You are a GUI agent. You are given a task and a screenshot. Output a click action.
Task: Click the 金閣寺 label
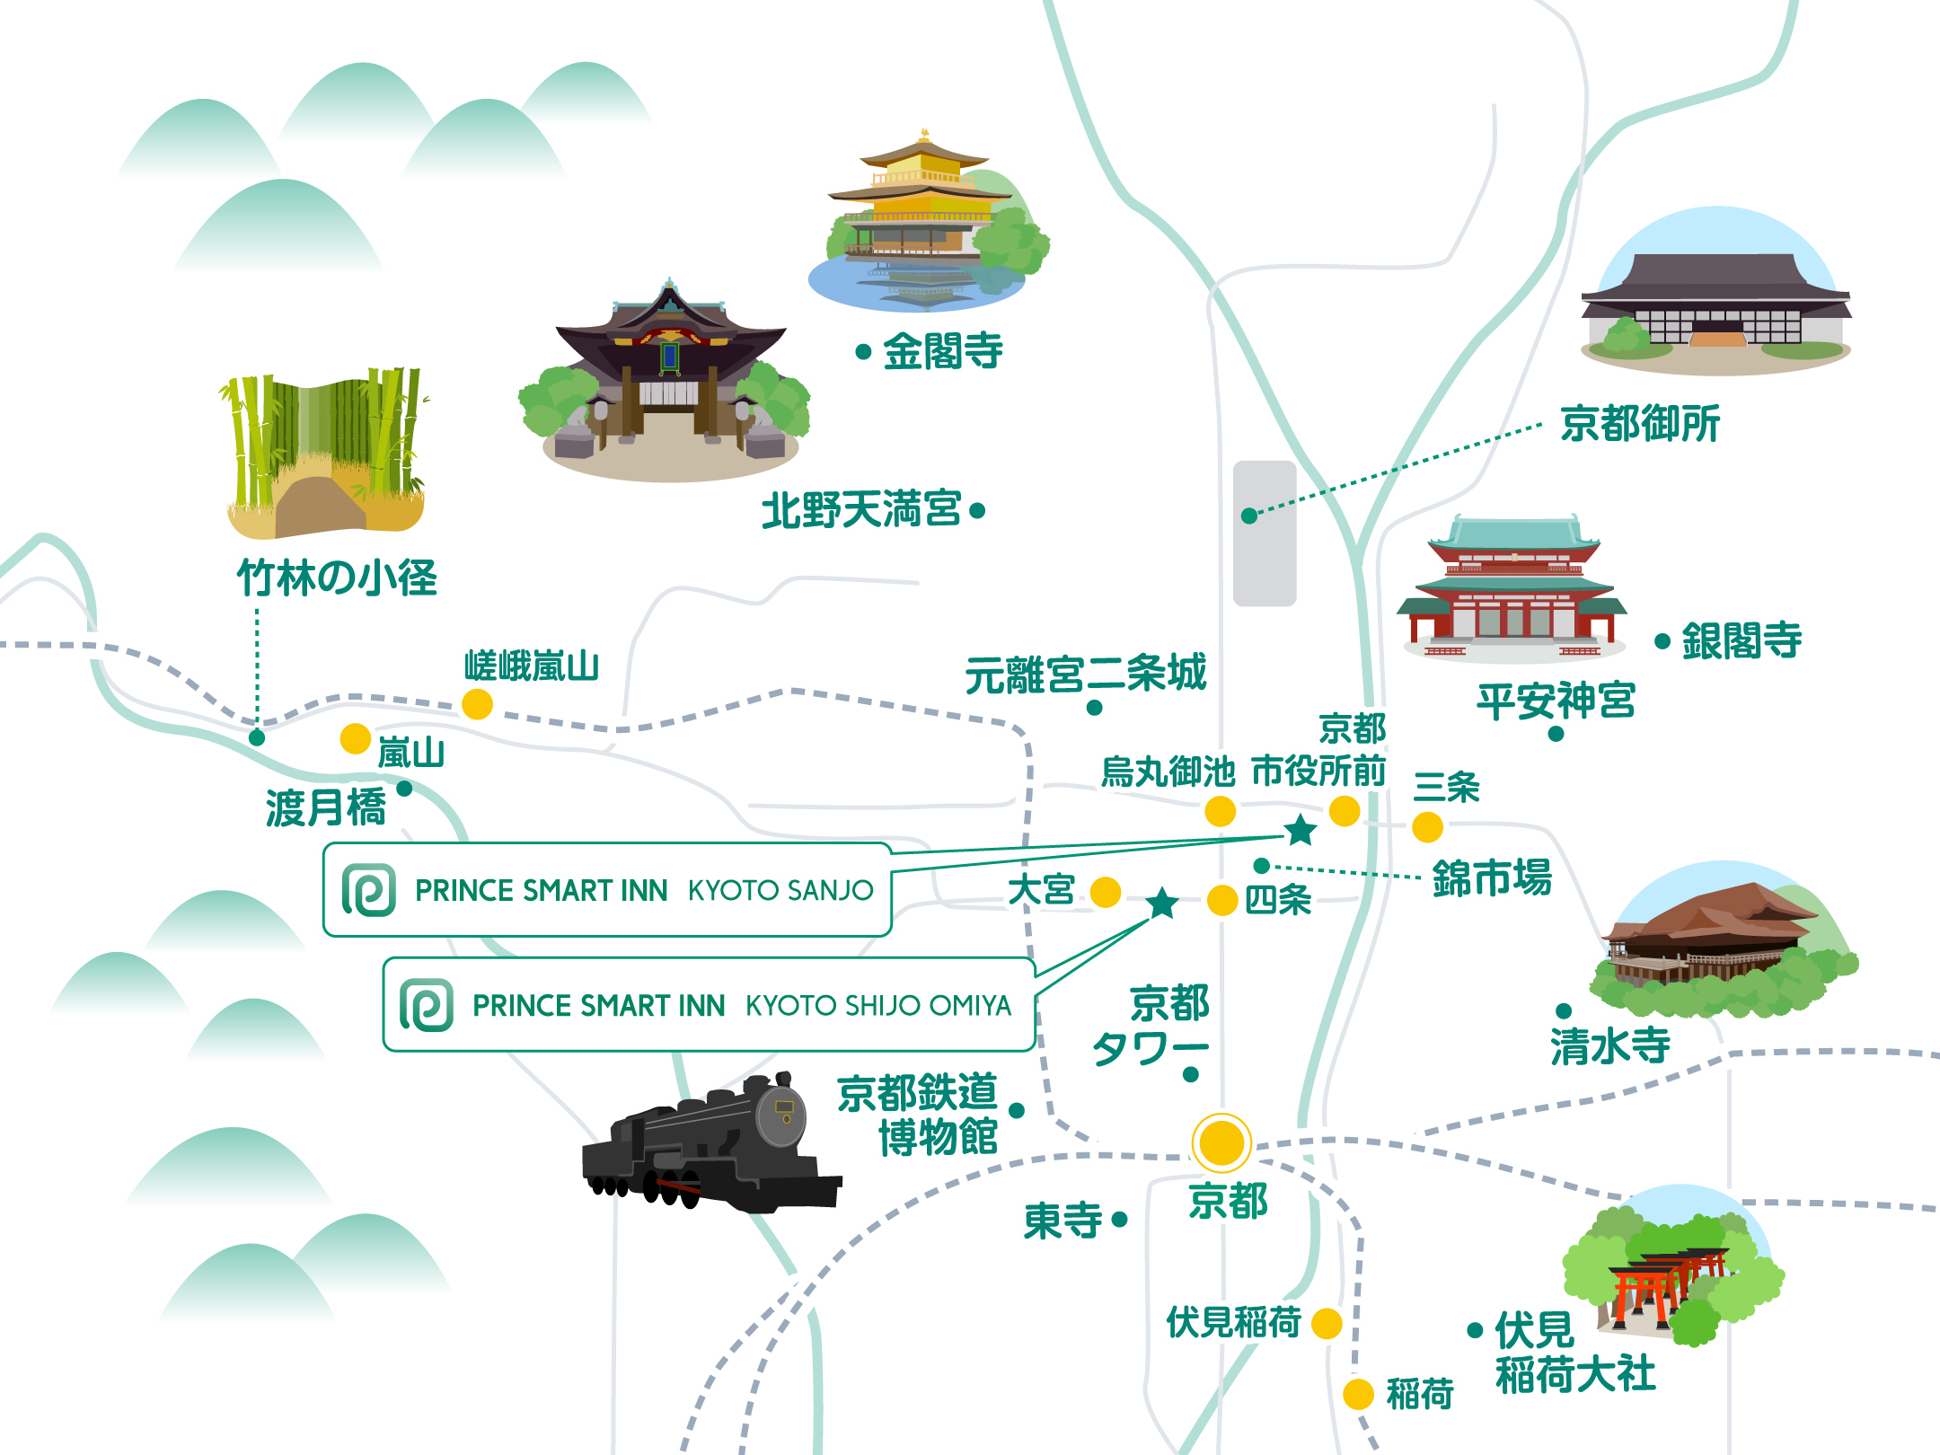pos(942,351)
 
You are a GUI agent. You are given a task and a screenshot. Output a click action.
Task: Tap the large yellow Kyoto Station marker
pos(1221,1143)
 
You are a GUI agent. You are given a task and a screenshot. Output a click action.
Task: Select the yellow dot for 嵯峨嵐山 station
pos(477,704)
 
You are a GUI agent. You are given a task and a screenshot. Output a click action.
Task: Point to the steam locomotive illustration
pos(710,1145)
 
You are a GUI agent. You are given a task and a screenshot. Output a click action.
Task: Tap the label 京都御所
pos(1640,424)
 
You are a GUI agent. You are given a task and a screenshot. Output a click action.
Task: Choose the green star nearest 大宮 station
pos(1162,903)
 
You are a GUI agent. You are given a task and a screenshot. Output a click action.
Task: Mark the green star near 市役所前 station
pos(1300,830)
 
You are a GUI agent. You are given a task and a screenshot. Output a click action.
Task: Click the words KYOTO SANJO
pos(780,890)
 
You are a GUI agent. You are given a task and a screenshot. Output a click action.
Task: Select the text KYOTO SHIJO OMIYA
pos(878,1005)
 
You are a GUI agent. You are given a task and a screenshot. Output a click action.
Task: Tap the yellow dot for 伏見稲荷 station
pos(1327,1323)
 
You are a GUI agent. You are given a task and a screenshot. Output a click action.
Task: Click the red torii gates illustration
pos(1662,1280)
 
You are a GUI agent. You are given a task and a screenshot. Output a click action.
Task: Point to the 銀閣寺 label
pos(1742,641)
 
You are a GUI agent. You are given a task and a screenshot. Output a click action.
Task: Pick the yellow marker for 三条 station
pos(1427,827)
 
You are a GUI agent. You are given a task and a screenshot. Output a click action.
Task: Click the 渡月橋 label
pos(325,807)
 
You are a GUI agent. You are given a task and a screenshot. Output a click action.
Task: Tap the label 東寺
pos(1063,1221)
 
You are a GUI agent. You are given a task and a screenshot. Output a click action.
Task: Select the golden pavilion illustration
pos(925,216)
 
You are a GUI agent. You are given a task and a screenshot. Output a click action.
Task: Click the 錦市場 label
pos(1492,877)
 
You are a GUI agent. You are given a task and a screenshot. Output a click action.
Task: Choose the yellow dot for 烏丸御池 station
pos(1220,811)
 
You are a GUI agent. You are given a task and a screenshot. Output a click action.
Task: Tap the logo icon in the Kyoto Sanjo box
pos(369,890)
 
